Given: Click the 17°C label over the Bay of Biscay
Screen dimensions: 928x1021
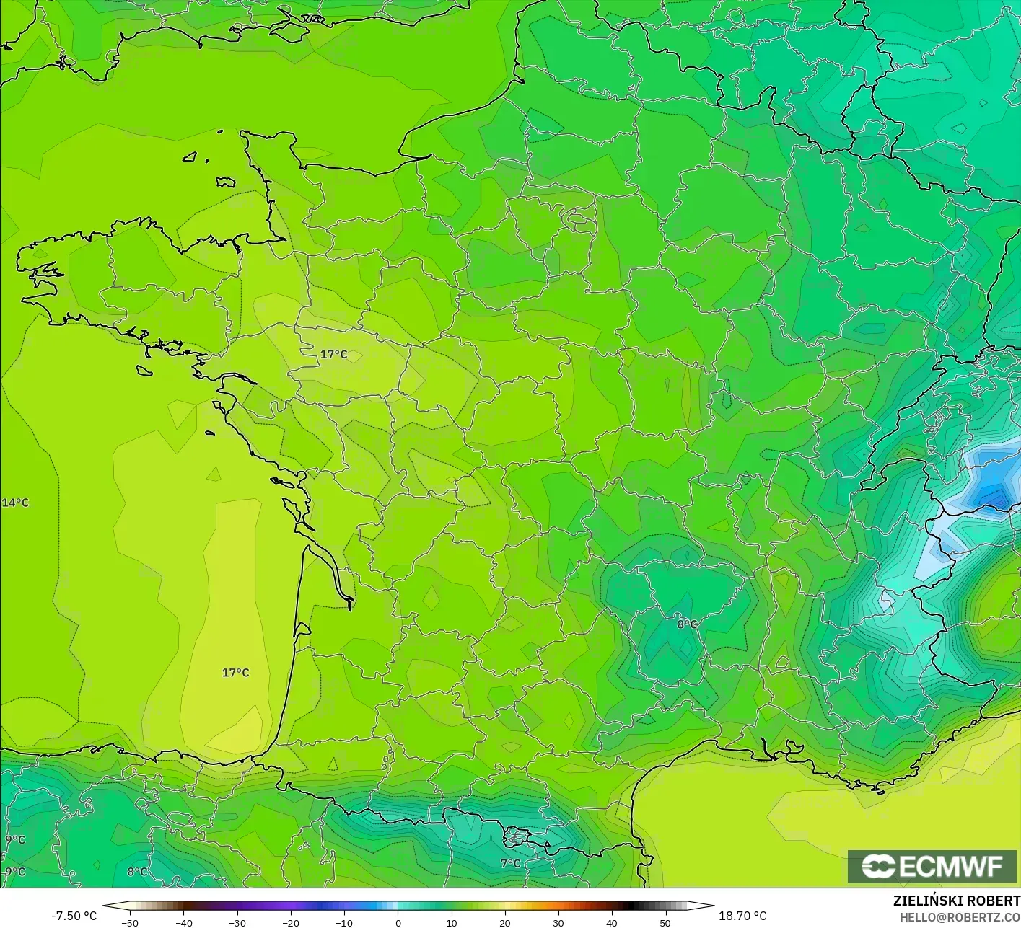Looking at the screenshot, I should (235, 673).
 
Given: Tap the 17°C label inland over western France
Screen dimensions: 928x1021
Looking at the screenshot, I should (333, 354).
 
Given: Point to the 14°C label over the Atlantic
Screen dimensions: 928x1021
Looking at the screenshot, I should (15, 503).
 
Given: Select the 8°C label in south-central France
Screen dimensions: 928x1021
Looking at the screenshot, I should (687, 624).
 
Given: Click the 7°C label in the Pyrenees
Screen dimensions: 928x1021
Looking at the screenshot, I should (510, 863).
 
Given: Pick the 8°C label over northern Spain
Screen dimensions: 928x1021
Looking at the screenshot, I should (137, 871).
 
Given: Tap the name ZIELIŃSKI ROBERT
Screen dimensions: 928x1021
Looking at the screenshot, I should (956, 901).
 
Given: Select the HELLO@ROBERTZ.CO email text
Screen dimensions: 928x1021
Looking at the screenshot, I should (959, 916).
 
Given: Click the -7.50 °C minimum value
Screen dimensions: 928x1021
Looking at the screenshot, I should (74, 916).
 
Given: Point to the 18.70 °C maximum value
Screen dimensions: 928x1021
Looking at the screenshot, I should (742, 916).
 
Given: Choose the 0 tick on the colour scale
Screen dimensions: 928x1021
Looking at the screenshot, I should (398, 922).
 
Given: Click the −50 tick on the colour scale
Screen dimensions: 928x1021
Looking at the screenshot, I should (130, 922).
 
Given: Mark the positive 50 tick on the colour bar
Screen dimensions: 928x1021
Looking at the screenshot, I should (665, 922).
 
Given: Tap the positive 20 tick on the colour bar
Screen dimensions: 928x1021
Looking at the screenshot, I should (504, 922).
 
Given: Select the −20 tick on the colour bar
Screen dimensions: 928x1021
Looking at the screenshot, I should (290, 922).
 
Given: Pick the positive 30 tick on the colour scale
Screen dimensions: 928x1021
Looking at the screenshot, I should (558, 922).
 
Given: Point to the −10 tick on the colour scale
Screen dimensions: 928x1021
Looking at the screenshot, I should (343, 922).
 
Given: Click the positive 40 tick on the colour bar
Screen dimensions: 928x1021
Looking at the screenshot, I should (611, 922).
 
